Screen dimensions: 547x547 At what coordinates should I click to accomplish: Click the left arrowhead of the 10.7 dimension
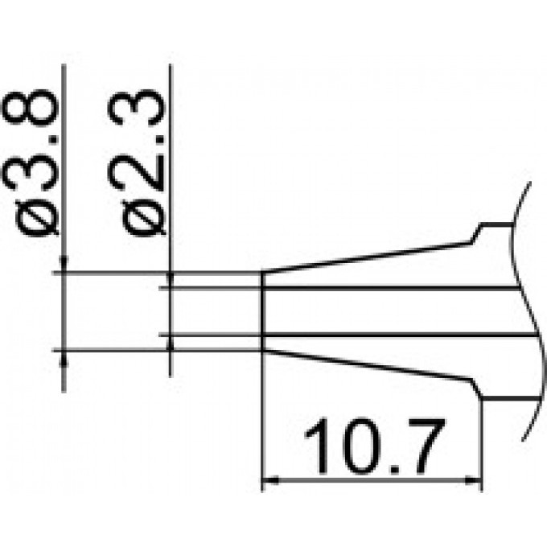tap(270, 483)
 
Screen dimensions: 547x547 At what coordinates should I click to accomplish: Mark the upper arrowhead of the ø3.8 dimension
tap(64, 265)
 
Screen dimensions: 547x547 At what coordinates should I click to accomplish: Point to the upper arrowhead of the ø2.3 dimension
tap(170, 280)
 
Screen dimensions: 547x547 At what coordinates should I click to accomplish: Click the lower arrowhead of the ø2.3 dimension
tap(170, 342)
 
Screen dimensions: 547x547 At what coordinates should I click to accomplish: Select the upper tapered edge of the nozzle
tap(366, 257)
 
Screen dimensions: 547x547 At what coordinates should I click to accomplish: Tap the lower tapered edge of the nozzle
tap(366, 365)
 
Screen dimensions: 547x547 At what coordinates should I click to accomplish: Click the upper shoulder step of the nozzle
tap(476, 232)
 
